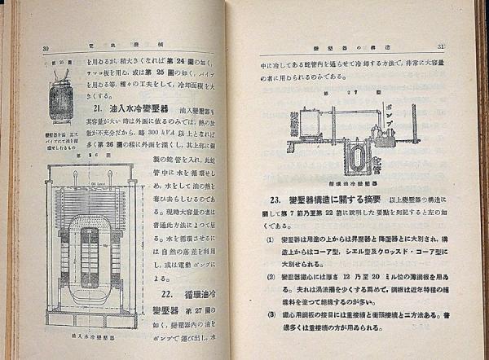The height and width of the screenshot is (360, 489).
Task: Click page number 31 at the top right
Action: point(461,46)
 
